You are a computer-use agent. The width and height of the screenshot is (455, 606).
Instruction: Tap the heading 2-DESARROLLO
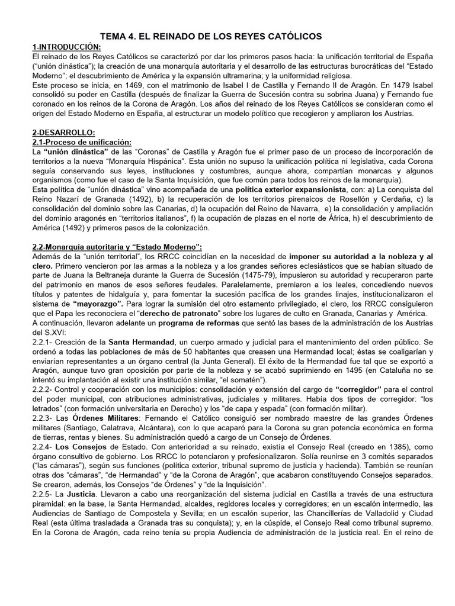[63, 133]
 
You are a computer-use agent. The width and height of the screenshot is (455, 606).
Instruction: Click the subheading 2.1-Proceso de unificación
[81, 142]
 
